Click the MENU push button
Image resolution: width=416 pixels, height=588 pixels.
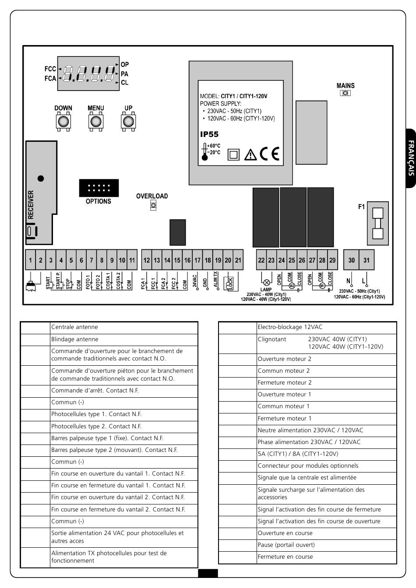point(95,121)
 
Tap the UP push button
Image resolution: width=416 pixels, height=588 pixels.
point(128,121)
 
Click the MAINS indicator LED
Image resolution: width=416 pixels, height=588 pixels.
point(345,93)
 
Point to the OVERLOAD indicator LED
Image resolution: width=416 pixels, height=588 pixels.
point(153,205)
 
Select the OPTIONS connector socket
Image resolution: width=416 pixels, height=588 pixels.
point(99,188)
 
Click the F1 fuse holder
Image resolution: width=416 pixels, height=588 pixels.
point(377,223)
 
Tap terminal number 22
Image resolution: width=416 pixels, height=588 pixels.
point(261,260)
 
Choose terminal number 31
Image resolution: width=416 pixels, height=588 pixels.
point(367,260)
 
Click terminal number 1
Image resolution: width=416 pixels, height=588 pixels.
point(30,260)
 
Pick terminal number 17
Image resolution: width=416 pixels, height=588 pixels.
point(197,260)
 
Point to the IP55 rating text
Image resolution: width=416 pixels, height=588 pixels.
point(209,134)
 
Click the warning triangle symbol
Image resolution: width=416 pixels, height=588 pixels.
point(250,154)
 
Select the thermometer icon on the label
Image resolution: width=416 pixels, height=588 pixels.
point(204,152)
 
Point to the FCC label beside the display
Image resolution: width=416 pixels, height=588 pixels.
point(50,69)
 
